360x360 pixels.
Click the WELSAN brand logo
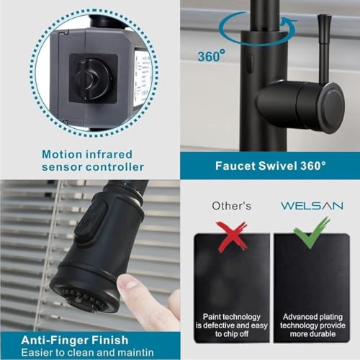tap(311, 205)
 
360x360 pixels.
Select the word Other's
tap(232, 206)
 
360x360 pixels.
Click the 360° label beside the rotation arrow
tap(210, 55)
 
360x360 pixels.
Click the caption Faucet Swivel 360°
tap(271, 165)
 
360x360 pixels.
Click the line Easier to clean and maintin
tap(88, 351)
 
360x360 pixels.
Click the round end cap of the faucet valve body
tap(330, 107)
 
